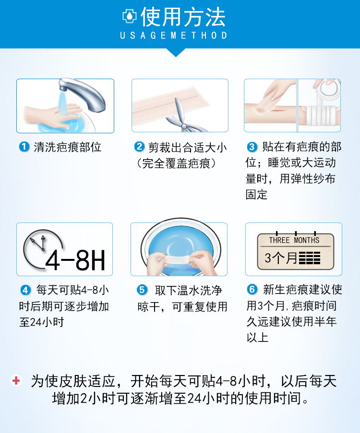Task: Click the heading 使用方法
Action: [x=183, y=17]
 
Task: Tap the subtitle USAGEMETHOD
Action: [x=174, y=36]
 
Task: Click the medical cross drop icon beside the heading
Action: [x=130, y=17]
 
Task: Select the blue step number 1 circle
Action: [x=24, y=147]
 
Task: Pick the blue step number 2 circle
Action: [x=139, y=147]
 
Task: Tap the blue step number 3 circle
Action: [x=252, y=147]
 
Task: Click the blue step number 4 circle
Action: [x=25, y=290]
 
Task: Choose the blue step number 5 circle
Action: [x=142, y=290]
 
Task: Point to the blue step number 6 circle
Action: [x=252, y=290]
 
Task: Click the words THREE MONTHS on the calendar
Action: [x=294, y=240]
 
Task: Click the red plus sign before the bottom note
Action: [x=16, y=381]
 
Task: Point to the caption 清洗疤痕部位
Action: [x=67, y=147]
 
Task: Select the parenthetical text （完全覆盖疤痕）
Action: [x=176, y=163]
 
